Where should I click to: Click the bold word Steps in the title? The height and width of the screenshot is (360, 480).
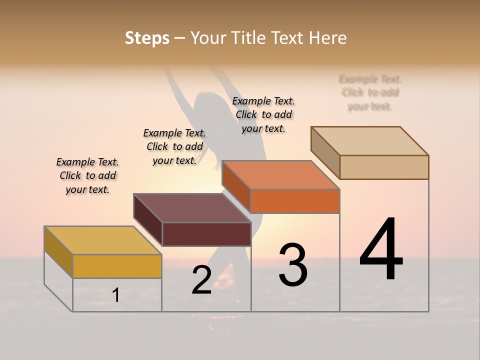147,38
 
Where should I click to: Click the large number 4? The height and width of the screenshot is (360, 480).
381,249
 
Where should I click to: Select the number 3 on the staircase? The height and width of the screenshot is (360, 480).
293,265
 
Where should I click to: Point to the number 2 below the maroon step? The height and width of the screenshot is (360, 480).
201,280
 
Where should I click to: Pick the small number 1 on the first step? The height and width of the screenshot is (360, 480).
115,295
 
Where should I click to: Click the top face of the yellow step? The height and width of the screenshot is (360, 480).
103,240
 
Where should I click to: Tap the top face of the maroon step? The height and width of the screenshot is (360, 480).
192,208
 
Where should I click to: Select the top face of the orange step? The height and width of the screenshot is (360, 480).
281,175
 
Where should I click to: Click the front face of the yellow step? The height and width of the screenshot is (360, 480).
117,266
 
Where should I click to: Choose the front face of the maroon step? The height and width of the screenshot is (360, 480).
206,234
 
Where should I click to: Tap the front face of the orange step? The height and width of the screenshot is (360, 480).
295,201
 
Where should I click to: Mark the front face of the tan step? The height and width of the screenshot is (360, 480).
384,167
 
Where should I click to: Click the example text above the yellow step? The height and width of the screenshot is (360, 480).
87,175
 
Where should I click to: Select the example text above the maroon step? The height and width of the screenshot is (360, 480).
174,146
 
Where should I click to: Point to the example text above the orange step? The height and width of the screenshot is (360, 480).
263,114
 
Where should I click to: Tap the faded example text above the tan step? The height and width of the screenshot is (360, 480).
370,92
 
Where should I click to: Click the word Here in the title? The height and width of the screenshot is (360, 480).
328,38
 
